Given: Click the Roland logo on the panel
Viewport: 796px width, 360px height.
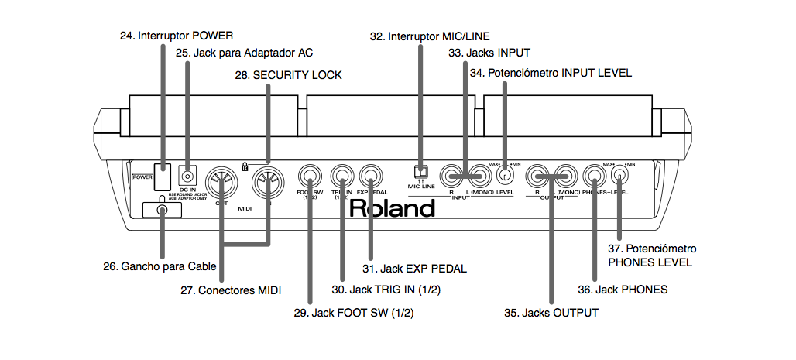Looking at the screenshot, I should (x=392, y=208).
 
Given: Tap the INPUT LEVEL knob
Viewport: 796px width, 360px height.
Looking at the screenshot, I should (x=505, y=176).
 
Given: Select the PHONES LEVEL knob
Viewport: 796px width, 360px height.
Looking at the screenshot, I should (x=619, y=176).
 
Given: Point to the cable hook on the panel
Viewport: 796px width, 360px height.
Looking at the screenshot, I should (x=161, y=210).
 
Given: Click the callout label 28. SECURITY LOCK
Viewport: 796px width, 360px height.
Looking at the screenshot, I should (x=288, y=75).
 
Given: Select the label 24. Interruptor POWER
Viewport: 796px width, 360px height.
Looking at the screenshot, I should (x=176, y=36).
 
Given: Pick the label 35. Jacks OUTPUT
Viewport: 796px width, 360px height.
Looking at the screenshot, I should (x=551, y=313).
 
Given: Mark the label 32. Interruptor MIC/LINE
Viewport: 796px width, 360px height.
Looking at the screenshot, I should (x=429, y=36).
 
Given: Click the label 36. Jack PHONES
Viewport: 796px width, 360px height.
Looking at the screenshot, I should (x=622, y=290).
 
